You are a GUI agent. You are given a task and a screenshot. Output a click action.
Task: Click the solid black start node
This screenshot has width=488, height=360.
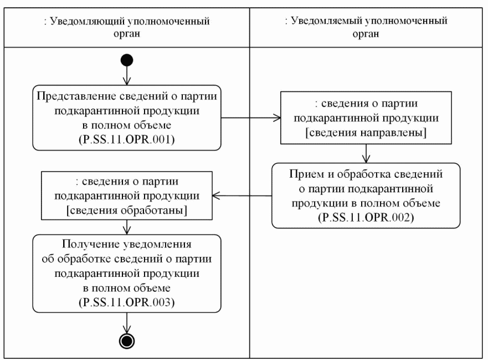(x=127, y=59)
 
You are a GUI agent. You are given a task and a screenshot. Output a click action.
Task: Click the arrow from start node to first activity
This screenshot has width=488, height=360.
(x=127, y=75)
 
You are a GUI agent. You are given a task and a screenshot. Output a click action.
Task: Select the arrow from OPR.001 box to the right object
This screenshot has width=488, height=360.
(x=249, y=117)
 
